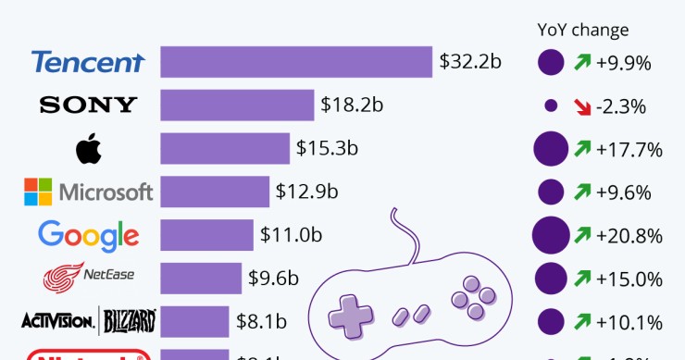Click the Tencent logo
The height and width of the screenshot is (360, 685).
[x=88, y=62]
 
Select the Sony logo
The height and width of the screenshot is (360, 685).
[x=88, y=105]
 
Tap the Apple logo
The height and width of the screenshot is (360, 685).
[x=88, y=148]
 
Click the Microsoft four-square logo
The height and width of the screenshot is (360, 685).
[x=38, y=192]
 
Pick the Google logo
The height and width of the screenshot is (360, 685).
[x=88, y=235]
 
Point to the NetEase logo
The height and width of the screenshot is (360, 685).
[x=88, y=277]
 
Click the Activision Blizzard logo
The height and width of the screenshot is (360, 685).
[x=88, y=321]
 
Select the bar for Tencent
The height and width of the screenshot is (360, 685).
[x=296, y=62]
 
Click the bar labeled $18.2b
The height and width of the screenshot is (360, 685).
[x=237, y=105]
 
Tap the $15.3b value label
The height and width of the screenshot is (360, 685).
[x=327, y=148]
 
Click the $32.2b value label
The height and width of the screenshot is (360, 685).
[x=470, y=62]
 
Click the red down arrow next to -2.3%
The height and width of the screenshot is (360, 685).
[x=582, y=106]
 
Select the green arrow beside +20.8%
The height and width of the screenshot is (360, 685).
[x=582, y=235]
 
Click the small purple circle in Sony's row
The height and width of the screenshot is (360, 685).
[x=551, y=106]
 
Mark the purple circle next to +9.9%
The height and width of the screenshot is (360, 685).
[x=551, y=63]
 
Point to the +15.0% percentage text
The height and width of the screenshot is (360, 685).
[x=629, y=279]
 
